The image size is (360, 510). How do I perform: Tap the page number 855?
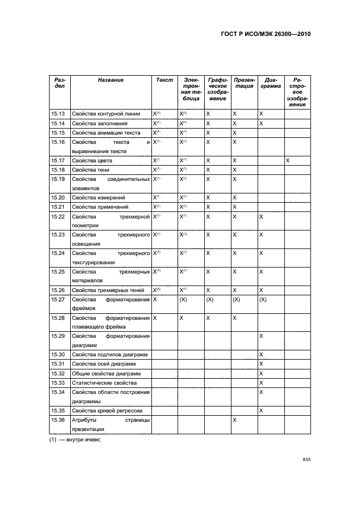click(x=306, y=460)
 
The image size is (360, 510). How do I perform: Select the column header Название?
click(x=111, y=80)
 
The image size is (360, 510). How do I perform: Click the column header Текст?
click(x=164, y=80)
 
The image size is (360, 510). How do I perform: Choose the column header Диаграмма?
click(x=270, y=83)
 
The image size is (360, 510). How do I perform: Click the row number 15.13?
click(x=58, y=114)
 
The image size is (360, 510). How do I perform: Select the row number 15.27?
click(x=58, y=300)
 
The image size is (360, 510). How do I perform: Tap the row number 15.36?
click(x=58, y=420)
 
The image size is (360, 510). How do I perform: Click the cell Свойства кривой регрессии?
click(x=107, y=410)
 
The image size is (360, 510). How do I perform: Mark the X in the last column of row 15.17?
click(x=288, y=161)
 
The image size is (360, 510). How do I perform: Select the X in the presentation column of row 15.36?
click(x=235, y=420)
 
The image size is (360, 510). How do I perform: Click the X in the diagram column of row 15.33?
click(x=261, y=383)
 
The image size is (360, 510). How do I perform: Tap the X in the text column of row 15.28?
click(x=155, y=318)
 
